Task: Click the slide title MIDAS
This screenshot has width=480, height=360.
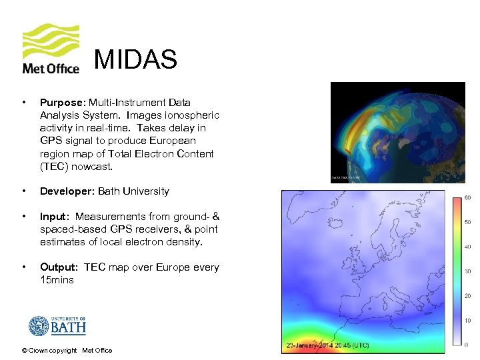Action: coord(135,60)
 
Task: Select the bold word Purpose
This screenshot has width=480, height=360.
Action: coord(61,103)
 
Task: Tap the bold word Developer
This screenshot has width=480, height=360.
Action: coord(67,191)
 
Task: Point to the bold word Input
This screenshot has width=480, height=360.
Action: coord(53,217)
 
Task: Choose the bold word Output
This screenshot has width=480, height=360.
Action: coord(59,267)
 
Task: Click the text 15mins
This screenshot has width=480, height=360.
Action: coord(57,280)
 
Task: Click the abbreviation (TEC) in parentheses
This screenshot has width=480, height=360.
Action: coord(57,166)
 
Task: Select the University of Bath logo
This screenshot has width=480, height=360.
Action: coord(57,326)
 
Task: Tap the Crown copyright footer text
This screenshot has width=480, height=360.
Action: coord(67,351)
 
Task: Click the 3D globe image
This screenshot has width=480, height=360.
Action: coord(397,132)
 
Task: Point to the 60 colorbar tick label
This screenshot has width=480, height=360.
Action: coord(468,197)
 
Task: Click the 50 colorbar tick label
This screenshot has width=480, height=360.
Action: coord(468,222)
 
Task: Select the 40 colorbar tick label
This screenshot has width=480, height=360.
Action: coord(468,247)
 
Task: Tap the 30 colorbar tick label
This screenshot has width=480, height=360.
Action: coord(468,271)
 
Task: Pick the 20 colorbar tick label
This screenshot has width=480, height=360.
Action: coord(468,295)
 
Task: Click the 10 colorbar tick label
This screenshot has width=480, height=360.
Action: coord(468,320)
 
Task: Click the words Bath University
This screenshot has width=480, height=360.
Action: coord(133,191)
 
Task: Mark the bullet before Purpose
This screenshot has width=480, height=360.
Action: coord(24,103)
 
